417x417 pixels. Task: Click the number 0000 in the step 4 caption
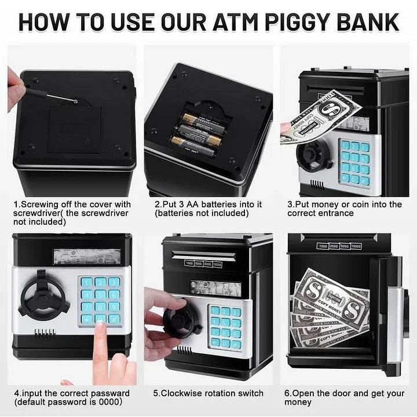(x=111, y=402)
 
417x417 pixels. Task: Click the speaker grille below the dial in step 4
(x=45, y=334)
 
